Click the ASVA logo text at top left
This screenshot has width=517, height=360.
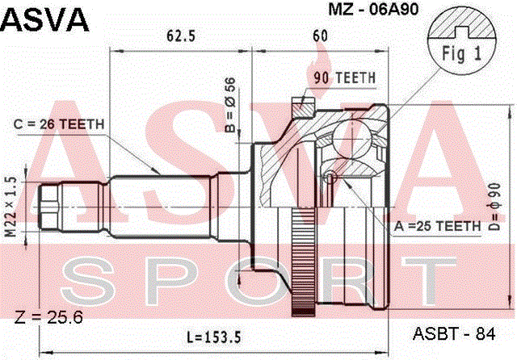(x=45, y=19)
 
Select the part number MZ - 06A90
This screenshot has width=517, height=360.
(x=373, y=9)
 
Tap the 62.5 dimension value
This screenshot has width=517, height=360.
(x=181, y=36)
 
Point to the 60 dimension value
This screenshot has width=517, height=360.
(x=320, y=36)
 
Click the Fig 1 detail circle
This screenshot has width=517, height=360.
(x=461, y=41)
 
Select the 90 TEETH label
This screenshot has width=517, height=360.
(x=345, y=78)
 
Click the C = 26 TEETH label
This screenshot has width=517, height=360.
(x=59, y=124)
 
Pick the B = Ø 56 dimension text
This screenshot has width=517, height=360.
(x=230, y=105)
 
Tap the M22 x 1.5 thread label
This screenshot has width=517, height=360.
(x=11, y=207)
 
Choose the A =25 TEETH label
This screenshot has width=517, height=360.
(x=438, y=226)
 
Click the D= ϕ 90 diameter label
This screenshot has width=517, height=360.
(x=495, y=207)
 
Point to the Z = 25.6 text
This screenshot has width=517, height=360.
(x=48, y=317)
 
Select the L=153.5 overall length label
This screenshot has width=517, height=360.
(x=214, y=337)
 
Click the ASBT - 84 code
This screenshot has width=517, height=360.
(x=454, y=334)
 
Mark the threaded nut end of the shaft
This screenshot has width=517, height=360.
(x=49, y=207)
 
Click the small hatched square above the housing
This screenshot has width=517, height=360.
(x=304, y=107)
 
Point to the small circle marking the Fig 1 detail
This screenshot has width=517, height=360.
(x=330, y=178)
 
